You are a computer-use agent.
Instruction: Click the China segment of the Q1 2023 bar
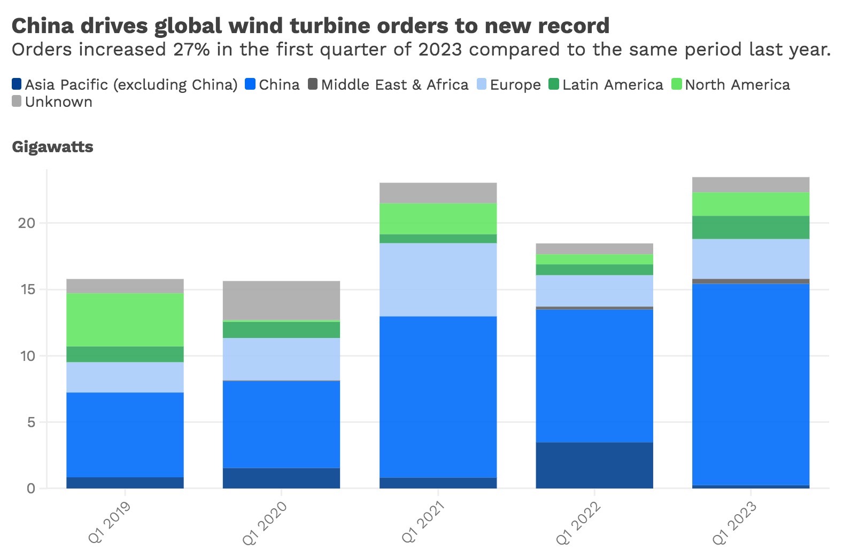[x=750, y=384]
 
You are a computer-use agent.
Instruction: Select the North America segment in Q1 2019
[x=125, y=319]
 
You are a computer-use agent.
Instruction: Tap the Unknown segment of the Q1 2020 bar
[x=281, y=300]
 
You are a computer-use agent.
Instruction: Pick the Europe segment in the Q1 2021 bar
[x=438, y=280]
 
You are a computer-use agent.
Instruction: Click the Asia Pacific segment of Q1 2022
[x=594, y=465]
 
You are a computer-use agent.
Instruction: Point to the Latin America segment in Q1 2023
[x=750, y=227]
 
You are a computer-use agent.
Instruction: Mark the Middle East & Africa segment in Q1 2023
[x=750, y=281]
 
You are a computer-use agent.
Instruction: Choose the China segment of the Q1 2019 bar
[x=125, y=435]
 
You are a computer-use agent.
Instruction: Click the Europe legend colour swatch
[x=482, y=84]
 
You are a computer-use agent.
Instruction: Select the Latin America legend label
[x=613, y=85]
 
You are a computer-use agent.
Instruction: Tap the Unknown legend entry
[x=58, y=102]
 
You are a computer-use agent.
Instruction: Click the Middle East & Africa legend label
[x=394, y=85]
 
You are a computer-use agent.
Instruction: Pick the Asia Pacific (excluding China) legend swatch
[x=17, y=84]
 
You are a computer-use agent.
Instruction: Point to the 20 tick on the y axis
[x=26, y=223]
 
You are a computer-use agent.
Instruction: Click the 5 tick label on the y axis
[x=30, y=422]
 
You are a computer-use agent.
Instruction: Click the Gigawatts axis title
[x=52, y=147]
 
